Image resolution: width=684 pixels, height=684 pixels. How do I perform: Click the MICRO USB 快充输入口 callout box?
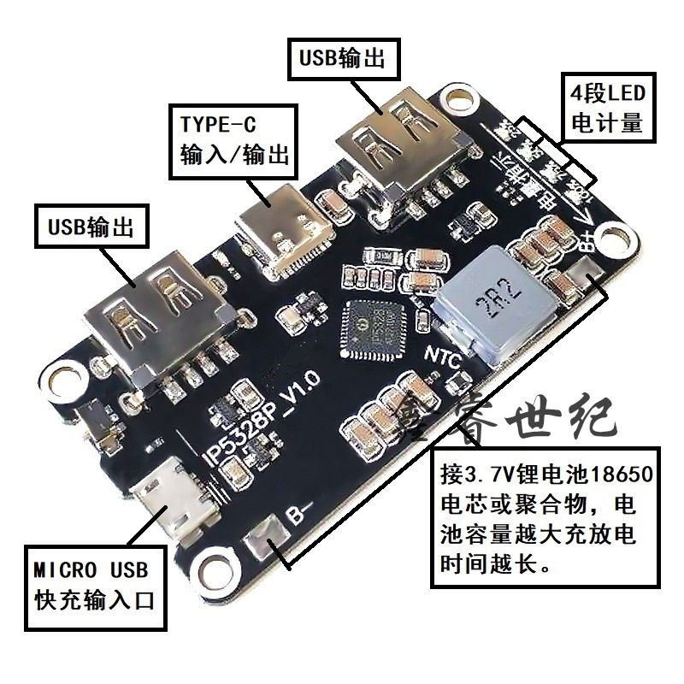coord(92,585)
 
